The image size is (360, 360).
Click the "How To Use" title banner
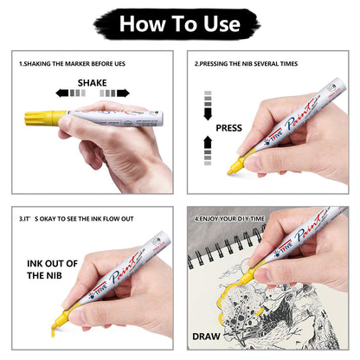(179, 22)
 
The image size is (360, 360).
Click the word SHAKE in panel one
(92, 82)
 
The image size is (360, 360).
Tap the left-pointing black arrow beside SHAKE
(62, 93)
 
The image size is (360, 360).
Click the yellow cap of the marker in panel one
(54, 116)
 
